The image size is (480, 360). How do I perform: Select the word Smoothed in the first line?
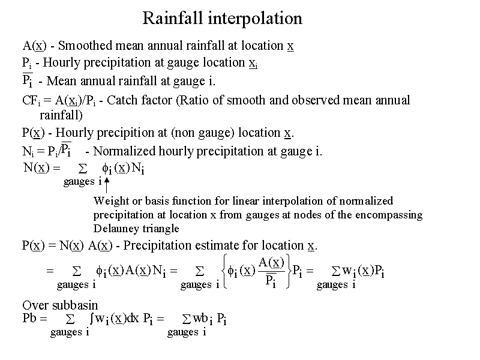click(x=88, y=46)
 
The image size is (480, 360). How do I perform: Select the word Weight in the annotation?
click(x=110, y=201)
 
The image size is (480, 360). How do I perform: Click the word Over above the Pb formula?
click(x=34, y=305)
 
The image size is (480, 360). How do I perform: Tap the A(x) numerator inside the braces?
click(x=271, y=262)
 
